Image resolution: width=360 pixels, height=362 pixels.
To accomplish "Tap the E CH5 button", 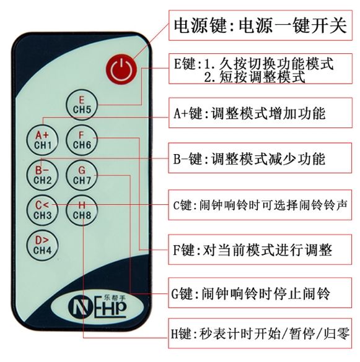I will (82, 105).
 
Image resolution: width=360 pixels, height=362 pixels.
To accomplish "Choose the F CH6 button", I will (82, 140).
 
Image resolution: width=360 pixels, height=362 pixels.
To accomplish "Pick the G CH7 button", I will (82, 175).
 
